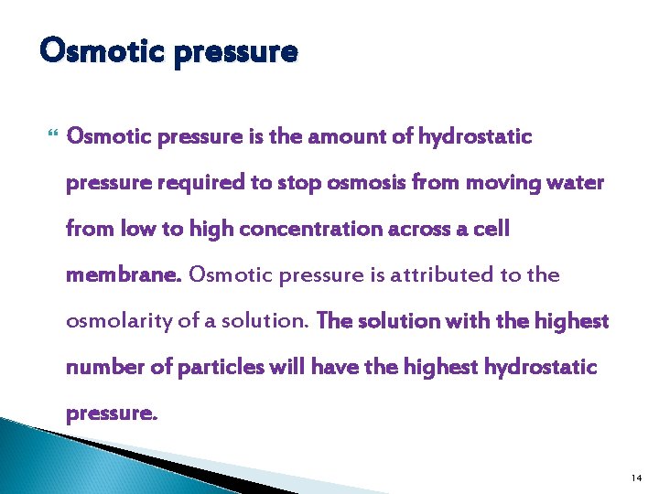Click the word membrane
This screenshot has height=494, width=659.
(x=123, y=274)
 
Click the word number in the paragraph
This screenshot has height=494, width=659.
(x=100, y=367)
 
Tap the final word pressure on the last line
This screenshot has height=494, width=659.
(x=111, y=413)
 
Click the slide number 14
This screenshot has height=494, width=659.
(x=635, y=478)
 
